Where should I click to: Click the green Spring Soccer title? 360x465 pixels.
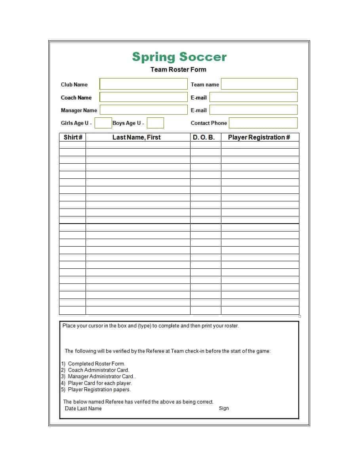coord(179,57)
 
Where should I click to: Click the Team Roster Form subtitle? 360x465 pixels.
coord(178,69)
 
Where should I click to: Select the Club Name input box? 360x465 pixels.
coord(143,84)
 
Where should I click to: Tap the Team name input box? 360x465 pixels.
coord(259,84)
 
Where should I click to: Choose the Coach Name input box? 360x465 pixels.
coord(143,97)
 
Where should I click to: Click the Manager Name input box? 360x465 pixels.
coord(143,110)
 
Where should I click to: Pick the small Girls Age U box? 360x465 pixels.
coord(103,123)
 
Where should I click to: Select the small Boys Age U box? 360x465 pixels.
coord(155,123)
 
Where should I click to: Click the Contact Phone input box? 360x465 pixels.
coord(263,123)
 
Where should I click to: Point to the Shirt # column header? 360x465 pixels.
coord(73,137)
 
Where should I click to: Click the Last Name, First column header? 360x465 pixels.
coord(137,137)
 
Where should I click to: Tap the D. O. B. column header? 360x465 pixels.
coord(204,137)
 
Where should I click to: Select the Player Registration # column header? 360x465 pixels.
coord(259,137)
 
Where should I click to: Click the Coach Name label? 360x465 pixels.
coord(76,98)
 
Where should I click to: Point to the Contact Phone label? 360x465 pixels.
coord(209,123)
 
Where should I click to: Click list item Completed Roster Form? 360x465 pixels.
coord(96,364)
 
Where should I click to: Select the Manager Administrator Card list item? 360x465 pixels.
coord(101,377)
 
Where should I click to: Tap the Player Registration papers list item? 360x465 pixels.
coord(99,389)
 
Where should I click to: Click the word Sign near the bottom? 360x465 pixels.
coord(224,408)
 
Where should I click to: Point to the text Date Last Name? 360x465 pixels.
coord(83,408)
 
